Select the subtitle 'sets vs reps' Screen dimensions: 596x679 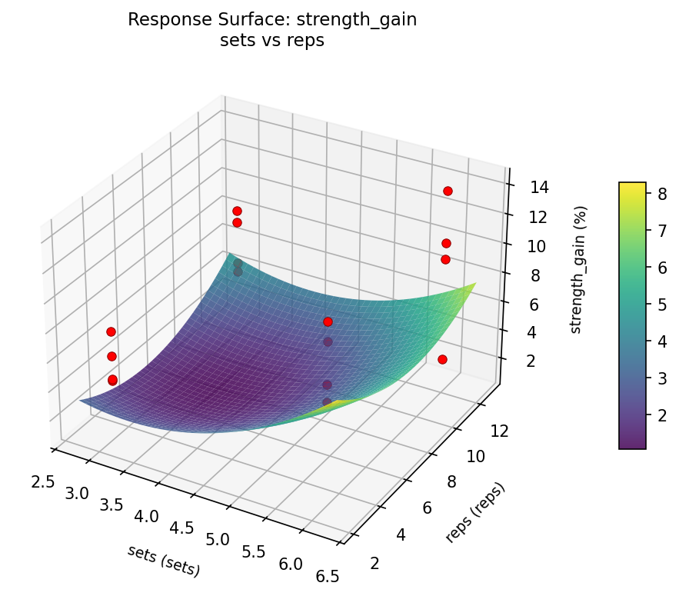272,41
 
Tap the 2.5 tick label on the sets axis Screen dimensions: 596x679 43,482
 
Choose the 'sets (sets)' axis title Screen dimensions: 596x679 164,561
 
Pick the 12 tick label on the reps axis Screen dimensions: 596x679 498,432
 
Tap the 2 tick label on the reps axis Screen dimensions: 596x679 374,564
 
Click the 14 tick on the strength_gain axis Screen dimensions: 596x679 538,187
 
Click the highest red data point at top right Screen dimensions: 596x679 448,191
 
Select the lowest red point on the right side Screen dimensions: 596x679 442,359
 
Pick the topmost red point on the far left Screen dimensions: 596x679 111,331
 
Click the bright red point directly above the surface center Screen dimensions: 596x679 328,321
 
